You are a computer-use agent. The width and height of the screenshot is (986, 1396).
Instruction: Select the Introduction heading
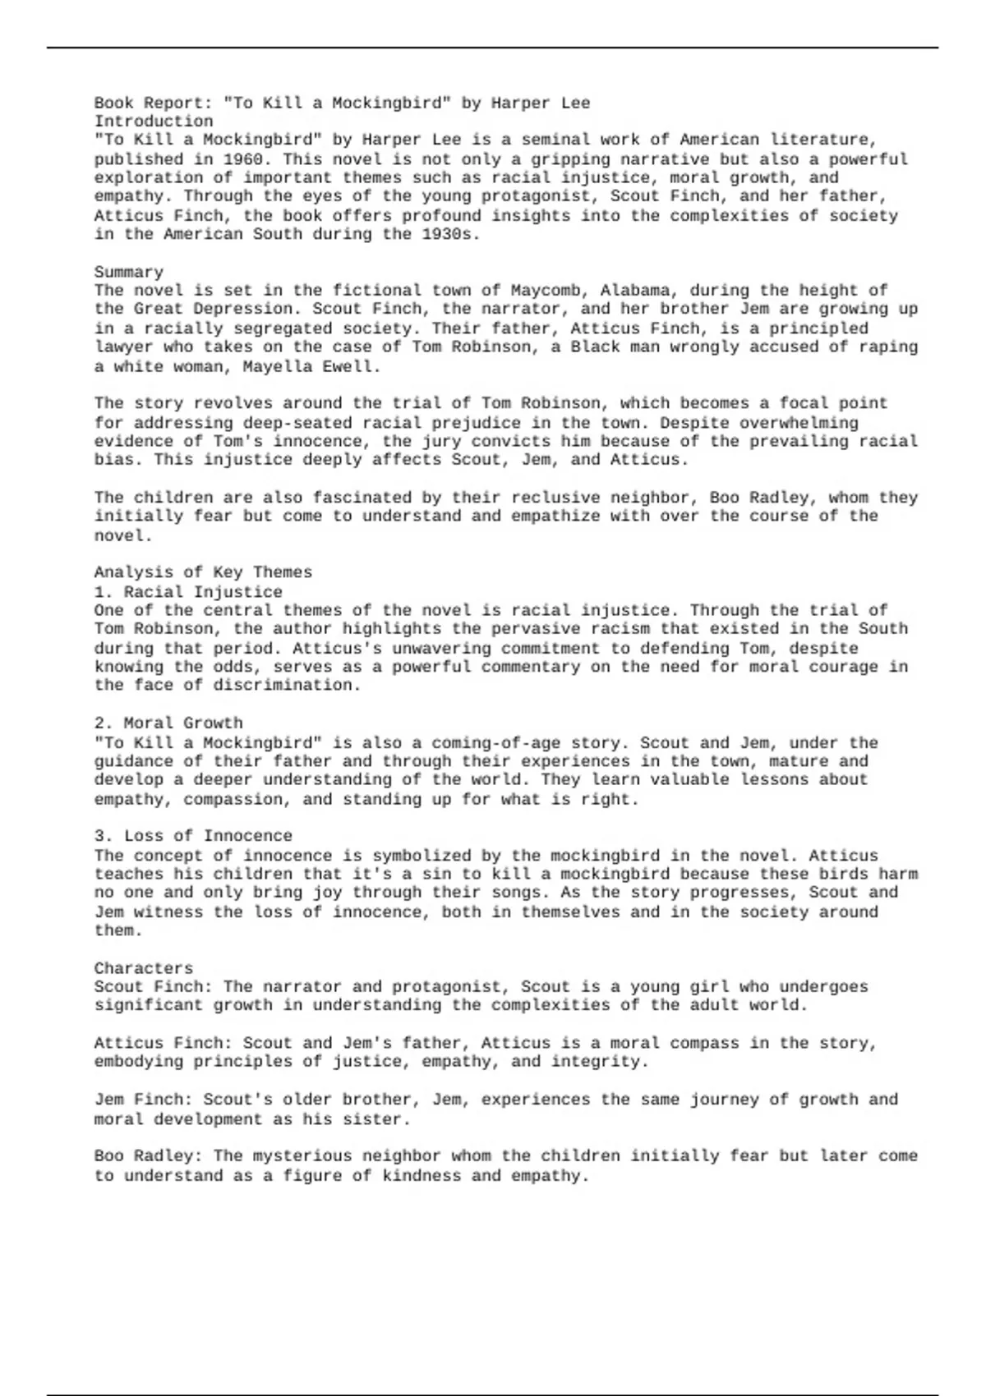coord(154,122)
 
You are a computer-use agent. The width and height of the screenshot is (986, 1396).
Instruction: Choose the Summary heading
coord(128,272)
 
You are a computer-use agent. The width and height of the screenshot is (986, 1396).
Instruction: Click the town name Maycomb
coord(546,291)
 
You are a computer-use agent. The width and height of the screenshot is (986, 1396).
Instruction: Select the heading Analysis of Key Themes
coord(203,572)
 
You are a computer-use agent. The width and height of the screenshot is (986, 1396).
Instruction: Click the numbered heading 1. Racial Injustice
coord(188,592)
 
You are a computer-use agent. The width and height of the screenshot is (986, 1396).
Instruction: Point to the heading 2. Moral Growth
coord(168,723)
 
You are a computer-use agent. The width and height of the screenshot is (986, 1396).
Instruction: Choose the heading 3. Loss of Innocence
coord(193,836)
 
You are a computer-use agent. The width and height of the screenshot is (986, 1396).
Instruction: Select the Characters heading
coord(143,968)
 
